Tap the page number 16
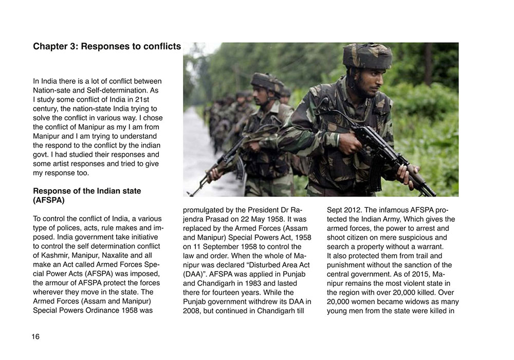click(35, 337)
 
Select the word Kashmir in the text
click(50, 256)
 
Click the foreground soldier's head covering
click(367, 56)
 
